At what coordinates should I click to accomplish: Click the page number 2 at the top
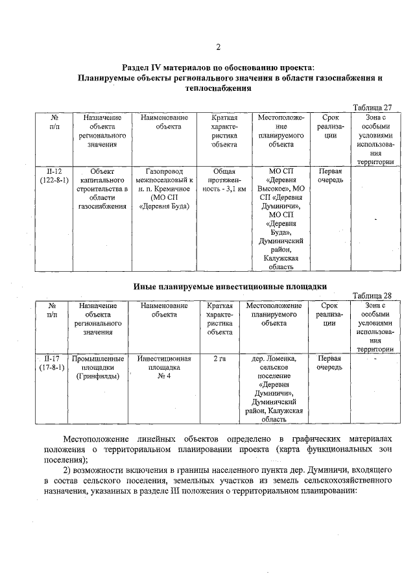click(x=218, y=46)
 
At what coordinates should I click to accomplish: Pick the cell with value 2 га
click(x=220, y=358)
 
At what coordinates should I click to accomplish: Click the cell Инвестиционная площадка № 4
click(x=163, y=366)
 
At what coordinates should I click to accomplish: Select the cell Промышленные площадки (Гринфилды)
click(x=97, y=366)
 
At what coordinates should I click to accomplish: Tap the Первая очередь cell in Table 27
click(x=331, y=176)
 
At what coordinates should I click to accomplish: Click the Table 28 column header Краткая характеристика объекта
click(x=220, y=318)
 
